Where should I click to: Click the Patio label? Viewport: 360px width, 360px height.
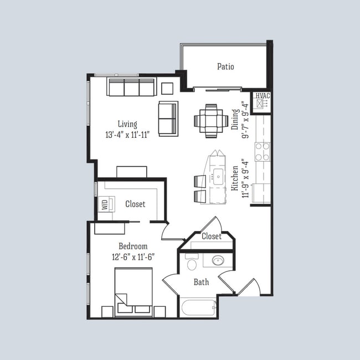(x=225, y=67)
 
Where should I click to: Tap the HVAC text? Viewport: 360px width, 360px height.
(x=262, y=96)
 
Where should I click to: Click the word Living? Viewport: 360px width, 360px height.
(x=127, y=124)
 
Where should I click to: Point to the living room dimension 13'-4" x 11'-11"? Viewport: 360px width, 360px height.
(x=127, y=135)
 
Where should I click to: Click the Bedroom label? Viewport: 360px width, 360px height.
(x=133, y=246)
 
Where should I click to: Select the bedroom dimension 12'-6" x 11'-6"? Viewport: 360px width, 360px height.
(x=133, y=256)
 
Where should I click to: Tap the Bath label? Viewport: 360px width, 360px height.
(x=201, y=282)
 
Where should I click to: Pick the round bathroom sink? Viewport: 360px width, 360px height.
(x=218, y=260)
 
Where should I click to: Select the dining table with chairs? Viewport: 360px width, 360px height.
(x=211, y=120)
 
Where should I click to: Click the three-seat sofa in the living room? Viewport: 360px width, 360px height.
(x=131, y=87)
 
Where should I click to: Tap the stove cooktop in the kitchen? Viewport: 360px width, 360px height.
(x=262, y=151)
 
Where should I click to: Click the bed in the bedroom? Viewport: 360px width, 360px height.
(x=133, y=291)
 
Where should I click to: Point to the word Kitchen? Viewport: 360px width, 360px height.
(x=235, y=178)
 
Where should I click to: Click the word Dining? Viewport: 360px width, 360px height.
(x=235, y=119)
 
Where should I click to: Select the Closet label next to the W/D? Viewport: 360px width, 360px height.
(x=135, y=204)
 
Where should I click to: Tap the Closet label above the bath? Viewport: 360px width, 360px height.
(x=211, y=236)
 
